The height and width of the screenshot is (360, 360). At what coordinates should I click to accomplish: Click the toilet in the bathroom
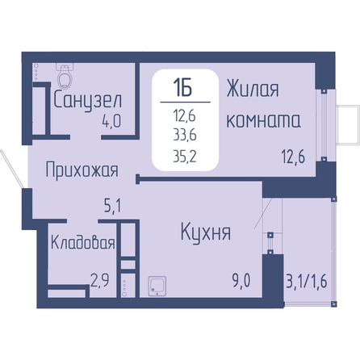pyautogui.click(x=65, y=76)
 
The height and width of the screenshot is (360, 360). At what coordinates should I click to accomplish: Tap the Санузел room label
pyautogui.click(x=88, y=100)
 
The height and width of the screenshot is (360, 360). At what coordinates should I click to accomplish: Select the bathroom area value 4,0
pyautogui.click(x=111, y=121)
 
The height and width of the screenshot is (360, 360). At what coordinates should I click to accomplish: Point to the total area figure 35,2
pyautogui.click(x=185, y=157)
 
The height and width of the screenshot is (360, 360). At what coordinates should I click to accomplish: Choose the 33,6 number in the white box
pyautogui.click(x=185, y=136)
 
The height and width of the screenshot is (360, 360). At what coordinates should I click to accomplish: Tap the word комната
pyautogui.click(x=263, y=120)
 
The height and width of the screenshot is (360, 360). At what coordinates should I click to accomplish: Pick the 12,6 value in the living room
pyautogui.click(x=294, y=157)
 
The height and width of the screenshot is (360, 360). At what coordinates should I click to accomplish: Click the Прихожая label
pyautogui.click(x=82, y=170)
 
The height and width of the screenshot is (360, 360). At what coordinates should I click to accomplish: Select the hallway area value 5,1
pyautogui.click(x=113, y=207)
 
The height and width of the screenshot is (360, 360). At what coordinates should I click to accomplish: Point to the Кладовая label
pyautogui.click(x=83, y=242)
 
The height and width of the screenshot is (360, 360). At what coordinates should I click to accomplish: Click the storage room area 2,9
pyautogui.click(x=99, y=281)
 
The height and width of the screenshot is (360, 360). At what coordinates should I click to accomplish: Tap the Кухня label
pyautogui.click(x=206, y=232)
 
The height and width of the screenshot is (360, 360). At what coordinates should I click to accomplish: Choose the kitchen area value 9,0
pyautogui.click(x=241, y=281)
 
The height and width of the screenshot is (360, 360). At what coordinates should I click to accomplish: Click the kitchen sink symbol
pyautogui.click(x=157, y=287)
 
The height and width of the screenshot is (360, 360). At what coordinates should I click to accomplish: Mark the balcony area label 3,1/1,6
pyautogui.click(x=307, y=282)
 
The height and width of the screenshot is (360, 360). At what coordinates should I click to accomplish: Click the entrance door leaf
pyautogui.click(x=12, y=169)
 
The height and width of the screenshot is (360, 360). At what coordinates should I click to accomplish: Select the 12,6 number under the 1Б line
pyautogui.click(x=185, y=117)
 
